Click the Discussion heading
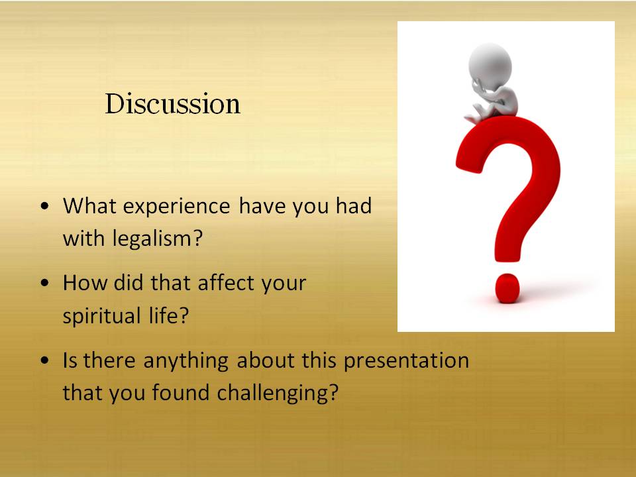pos(173,103)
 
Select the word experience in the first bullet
pos(177,207)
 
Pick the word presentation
pos(406,360)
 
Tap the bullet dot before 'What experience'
pos(45,206)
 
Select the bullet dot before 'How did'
pos(45,283)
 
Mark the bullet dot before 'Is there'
pos(45,360)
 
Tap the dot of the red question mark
pos(507,288)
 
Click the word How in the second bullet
pos(84,283)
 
